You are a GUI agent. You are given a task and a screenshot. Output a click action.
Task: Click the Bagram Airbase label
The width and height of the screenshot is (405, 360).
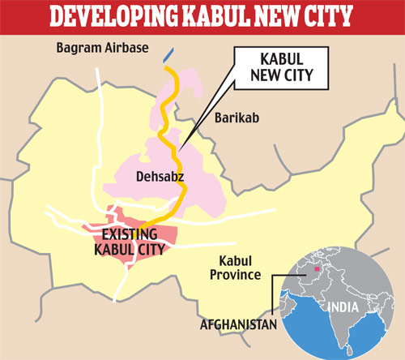tap(103, 48)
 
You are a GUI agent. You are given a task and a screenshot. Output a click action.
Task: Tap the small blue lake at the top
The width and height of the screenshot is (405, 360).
tap(167, 55)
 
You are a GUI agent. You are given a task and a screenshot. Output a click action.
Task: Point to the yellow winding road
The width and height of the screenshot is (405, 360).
tap(173, 146)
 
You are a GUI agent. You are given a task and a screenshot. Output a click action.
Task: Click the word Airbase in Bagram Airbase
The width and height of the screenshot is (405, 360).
tap(126, 48)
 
